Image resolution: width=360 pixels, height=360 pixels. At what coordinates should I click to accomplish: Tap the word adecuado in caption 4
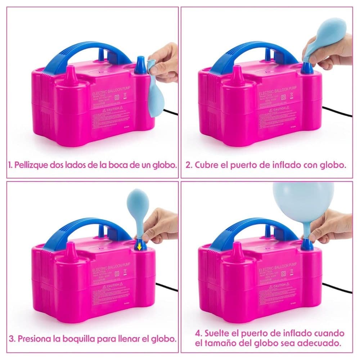(x=322, y=343)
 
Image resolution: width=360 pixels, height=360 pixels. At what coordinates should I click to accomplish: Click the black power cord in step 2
(x=337, y=112)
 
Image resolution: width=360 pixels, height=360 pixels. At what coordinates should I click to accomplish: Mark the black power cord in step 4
(x=337, y=288)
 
